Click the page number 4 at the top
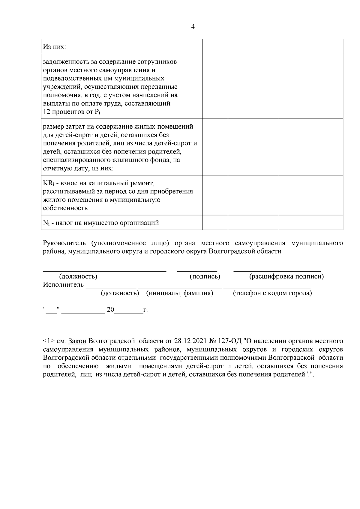(193, 27)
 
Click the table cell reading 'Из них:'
(55, 47)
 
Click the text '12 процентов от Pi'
(71, 112)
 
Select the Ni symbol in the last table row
(46, 223)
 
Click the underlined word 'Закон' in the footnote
(77, 341)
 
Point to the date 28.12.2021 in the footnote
(189, 341)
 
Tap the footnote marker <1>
(49, 341)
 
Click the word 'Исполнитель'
(63, 284)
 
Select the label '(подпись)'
(205, 276)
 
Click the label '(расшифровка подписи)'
(286, 276)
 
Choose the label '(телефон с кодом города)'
(272, 293)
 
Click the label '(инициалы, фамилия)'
(179, 293)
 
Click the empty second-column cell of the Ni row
(215, 222)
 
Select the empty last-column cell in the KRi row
(311, 195)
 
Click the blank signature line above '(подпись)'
(197, 270)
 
